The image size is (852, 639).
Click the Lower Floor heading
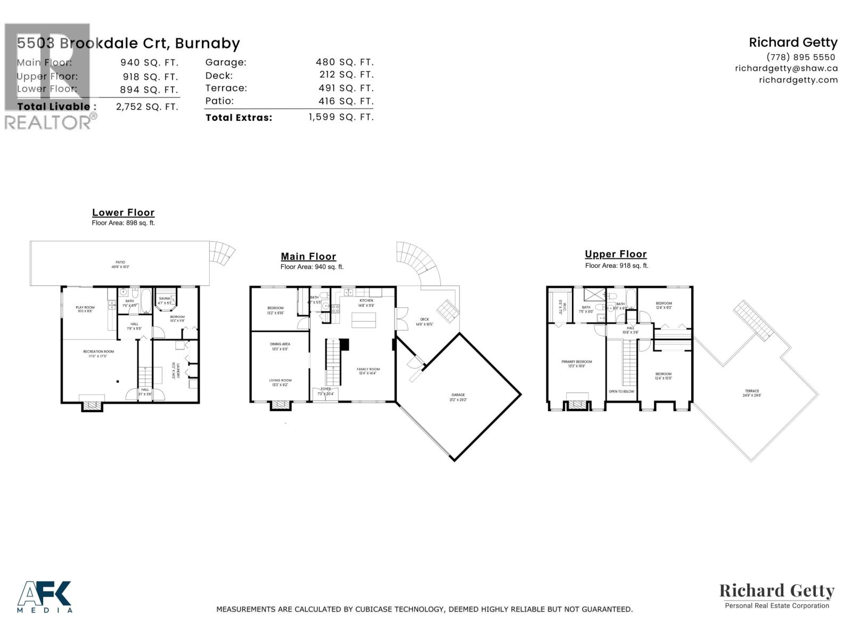point(123,212)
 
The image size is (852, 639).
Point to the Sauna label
point(164,299)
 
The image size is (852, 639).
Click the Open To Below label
point(621,391)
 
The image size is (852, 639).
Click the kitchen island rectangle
point(364,320)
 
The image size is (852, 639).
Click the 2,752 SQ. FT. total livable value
point(147,106)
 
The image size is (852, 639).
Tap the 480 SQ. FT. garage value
point(345,62)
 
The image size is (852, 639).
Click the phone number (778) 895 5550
point(801,57)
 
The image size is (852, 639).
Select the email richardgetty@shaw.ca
point(787,68)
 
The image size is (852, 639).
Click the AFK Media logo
point(45,596)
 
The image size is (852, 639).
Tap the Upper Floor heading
point(616,255)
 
